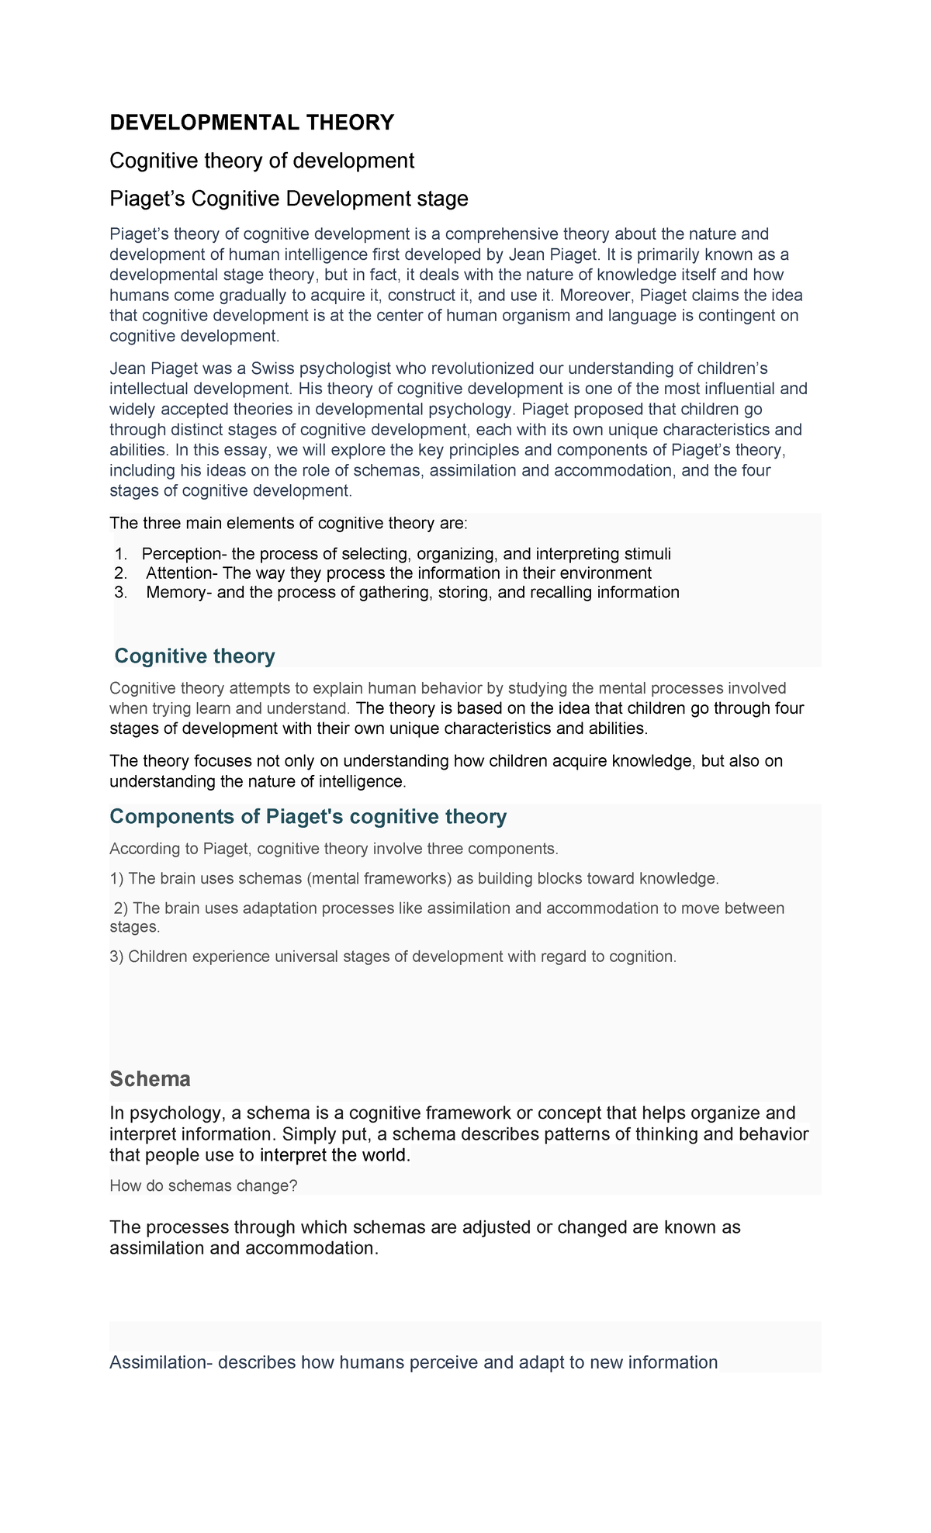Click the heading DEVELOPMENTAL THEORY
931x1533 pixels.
[x=251, y=123]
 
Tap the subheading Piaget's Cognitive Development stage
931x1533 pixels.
[x=289, y=199]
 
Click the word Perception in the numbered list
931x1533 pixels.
[x=180, y=554]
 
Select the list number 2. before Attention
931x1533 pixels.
[x=119, y=573]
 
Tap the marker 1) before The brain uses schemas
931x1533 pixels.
[x=116, y=878]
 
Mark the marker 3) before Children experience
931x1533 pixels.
[x=116, y=957]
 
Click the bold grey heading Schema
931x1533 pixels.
[x=150, y=1079]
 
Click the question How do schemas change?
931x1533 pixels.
[x=203, y=1185]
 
